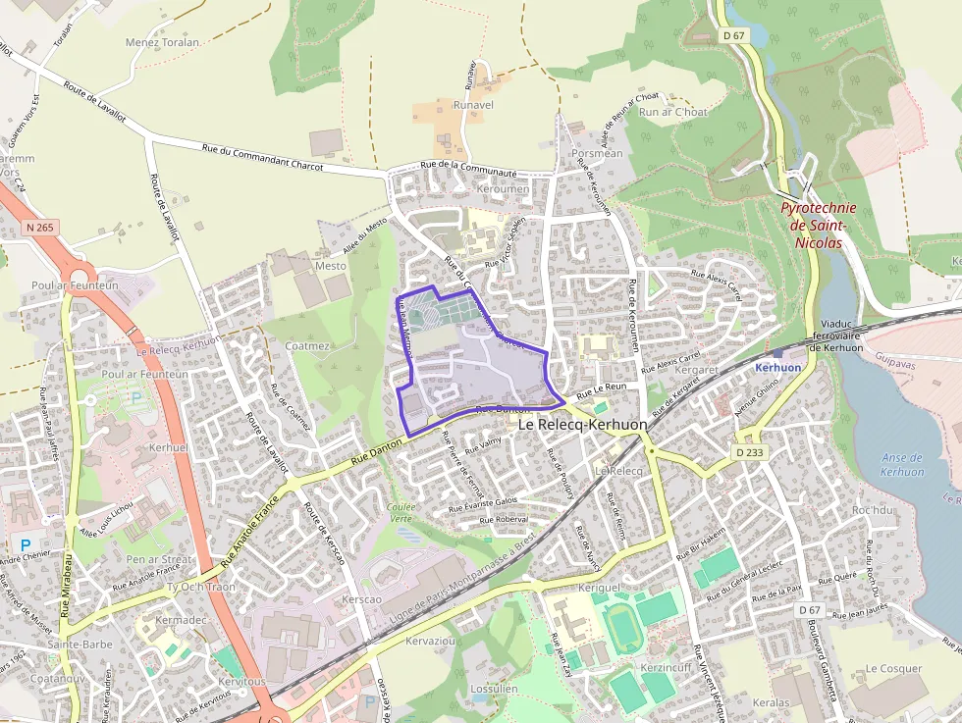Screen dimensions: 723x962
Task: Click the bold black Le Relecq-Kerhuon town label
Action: (582, 425)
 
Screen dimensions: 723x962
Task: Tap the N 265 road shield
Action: (39, 228)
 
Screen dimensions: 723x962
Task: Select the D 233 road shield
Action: (749, 452)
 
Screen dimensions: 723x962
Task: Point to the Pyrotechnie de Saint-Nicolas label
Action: (818, 225)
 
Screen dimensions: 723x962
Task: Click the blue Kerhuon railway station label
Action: (778, 367)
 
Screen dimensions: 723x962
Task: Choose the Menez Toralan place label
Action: (163, 43)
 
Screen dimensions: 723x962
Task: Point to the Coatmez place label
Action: (307, 345)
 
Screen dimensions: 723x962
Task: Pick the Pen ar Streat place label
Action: (159, 559)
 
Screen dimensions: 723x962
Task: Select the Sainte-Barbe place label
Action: (80, 645)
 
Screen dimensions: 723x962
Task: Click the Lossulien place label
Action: (494, 689)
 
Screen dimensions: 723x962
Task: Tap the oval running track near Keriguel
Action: (621, 626)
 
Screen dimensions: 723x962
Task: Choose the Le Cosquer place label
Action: (893, 668)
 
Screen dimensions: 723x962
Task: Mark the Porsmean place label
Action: (597, 153)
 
